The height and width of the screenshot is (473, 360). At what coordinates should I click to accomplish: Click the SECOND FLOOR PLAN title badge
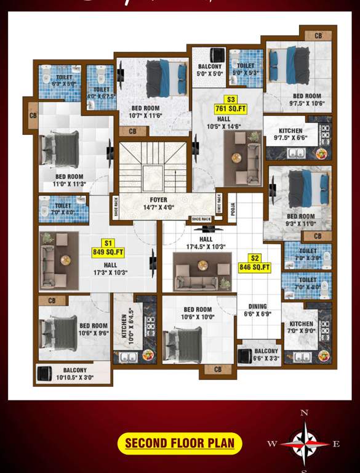(180, 443)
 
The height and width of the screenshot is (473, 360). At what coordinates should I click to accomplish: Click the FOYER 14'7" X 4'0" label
(158, 203)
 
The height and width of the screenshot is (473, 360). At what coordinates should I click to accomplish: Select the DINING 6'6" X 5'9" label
(258, 310)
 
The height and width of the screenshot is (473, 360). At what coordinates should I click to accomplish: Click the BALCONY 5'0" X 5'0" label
(210, 70)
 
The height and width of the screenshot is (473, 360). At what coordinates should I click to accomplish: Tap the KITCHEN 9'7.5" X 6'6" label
(290, 134)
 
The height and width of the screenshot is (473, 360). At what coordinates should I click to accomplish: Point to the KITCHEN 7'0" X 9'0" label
(302, 327)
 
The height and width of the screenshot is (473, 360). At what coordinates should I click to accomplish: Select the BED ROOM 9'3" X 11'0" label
(300, 220)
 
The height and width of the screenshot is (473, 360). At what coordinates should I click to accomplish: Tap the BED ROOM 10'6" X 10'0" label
(198, 313)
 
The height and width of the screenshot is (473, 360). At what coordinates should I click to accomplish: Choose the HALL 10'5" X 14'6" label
(224, 122)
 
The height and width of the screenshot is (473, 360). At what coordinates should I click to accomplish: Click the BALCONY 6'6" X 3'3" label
(266, 355)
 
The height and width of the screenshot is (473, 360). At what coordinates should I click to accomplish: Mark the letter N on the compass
(304, 413)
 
